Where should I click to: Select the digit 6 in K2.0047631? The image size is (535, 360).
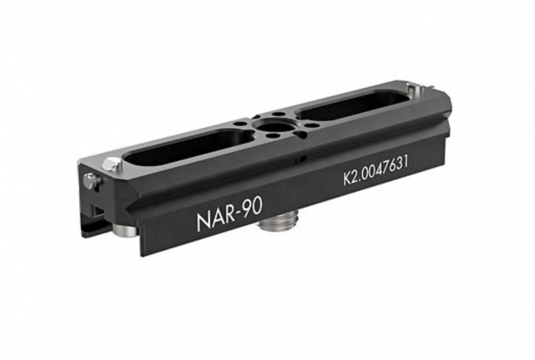(x=393, y=166)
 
